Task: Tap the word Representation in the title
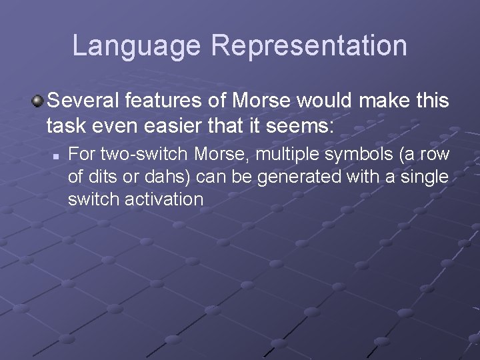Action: point(309,45)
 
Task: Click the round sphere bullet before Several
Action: point(38,102)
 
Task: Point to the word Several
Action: point(81,102)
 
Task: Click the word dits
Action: point(98,177)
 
